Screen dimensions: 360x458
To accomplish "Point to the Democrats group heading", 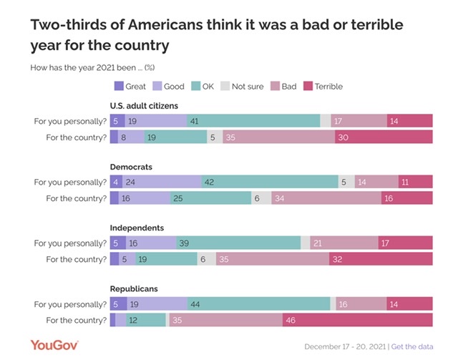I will pos(132,167).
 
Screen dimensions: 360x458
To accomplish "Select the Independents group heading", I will pos(137,228).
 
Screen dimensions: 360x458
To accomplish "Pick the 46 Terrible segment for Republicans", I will pos(358,320).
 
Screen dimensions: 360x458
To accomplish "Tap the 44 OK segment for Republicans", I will pos(258,304).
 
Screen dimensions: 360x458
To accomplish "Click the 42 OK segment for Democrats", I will pos(270,183).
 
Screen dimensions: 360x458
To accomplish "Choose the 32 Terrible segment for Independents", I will pos(381,259).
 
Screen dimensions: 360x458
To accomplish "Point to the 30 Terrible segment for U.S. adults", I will pos(384,137).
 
